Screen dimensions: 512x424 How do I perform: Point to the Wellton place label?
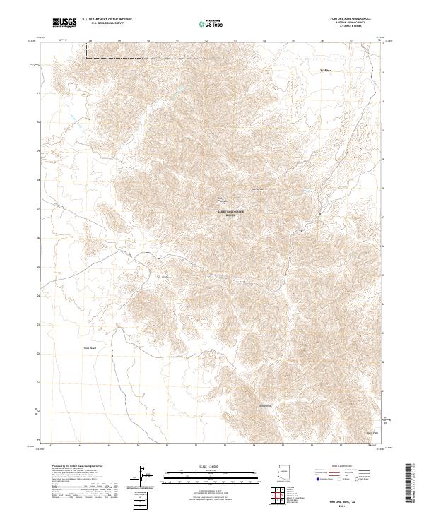[326, 71]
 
